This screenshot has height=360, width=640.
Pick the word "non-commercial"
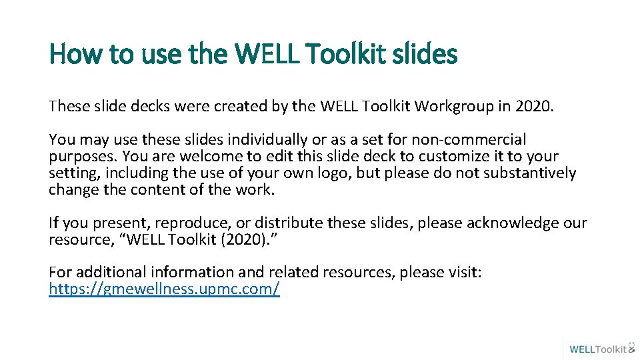469,140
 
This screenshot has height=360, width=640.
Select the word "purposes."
78,157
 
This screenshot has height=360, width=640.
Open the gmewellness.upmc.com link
164,289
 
